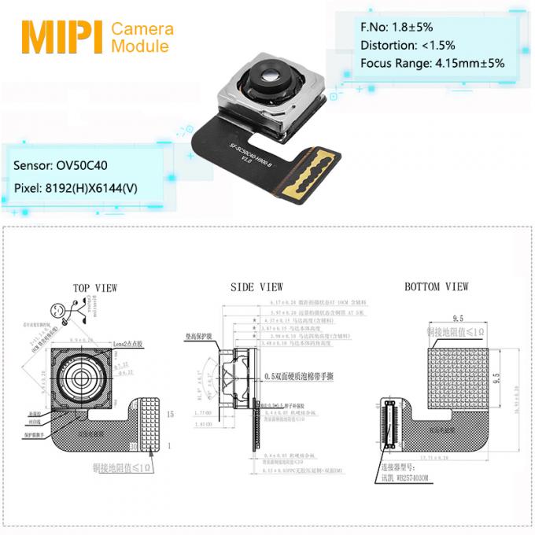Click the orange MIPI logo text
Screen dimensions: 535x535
point(61,36)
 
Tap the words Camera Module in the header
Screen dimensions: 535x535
point(142,38)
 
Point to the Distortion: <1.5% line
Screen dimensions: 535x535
point(407,45)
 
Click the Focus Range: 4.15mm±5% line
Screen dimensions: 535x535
point(432,63)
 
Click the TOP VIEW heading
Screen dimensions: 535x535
point(94,288)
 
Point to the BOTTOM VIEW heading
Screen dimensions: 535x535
point(436,287)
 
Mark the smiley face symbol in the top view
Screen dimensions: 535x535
point(58,308)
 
